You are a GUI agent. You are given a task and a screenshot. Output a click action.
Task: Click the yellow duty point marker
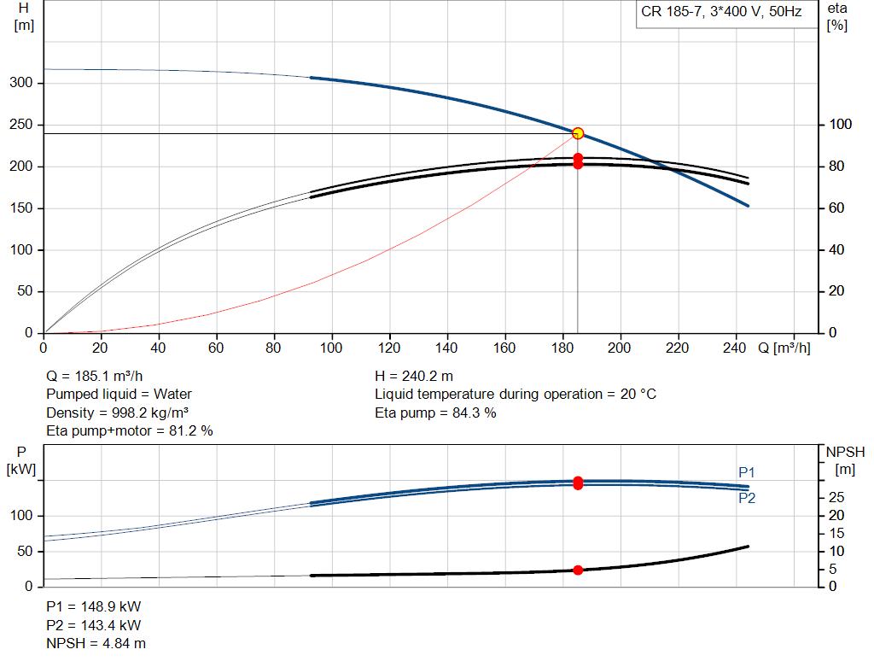point(578,133)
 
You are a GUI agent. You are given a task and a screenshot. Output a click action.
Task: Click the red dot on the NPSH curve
point(578,570)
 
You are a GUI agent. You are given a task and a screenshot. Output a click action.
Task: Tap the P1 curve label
point(746,472)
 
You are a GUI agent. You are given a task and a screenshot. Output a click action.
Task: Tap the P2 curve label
point(747,498)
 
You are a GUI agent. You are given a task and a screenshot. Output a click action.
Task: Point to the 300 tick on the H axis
point(21,83)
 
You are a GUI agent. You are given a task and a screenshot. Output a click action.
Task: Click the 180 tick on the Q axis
point(562,348)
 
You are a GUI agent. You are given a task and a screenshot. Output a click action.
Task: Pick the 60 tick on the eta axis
point(836,208)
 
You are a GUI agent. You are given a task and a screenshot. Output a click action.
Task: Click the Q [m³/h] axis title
point(784,348)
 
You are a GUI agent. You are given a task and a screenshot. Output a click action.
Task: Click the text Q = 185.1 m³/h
point(94,377)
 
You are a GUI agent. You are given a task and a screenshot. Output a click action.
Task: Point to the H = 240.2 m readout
point(414,377)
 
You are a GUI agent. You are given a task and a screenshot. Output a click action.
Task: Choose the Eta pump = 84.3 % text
point(435,413)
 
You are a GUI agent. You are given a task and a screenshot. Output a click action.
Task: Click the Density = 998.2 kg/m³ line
point(117,413)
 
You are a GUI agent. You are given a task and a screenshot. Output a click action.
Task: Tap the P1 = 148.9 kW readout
point(94,606)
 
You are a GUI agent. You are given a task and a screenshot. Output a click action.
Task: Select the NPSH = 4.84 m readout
point(96,644)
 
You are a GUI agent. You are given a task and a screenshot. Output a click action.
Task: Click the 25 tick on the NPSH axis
point(836,497)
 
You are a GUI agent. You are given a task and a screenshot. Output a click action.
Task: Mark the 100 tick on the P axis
point(21,516)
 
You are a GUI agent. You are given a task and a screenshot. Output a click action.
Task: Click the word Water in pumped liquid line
point(172,395)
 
